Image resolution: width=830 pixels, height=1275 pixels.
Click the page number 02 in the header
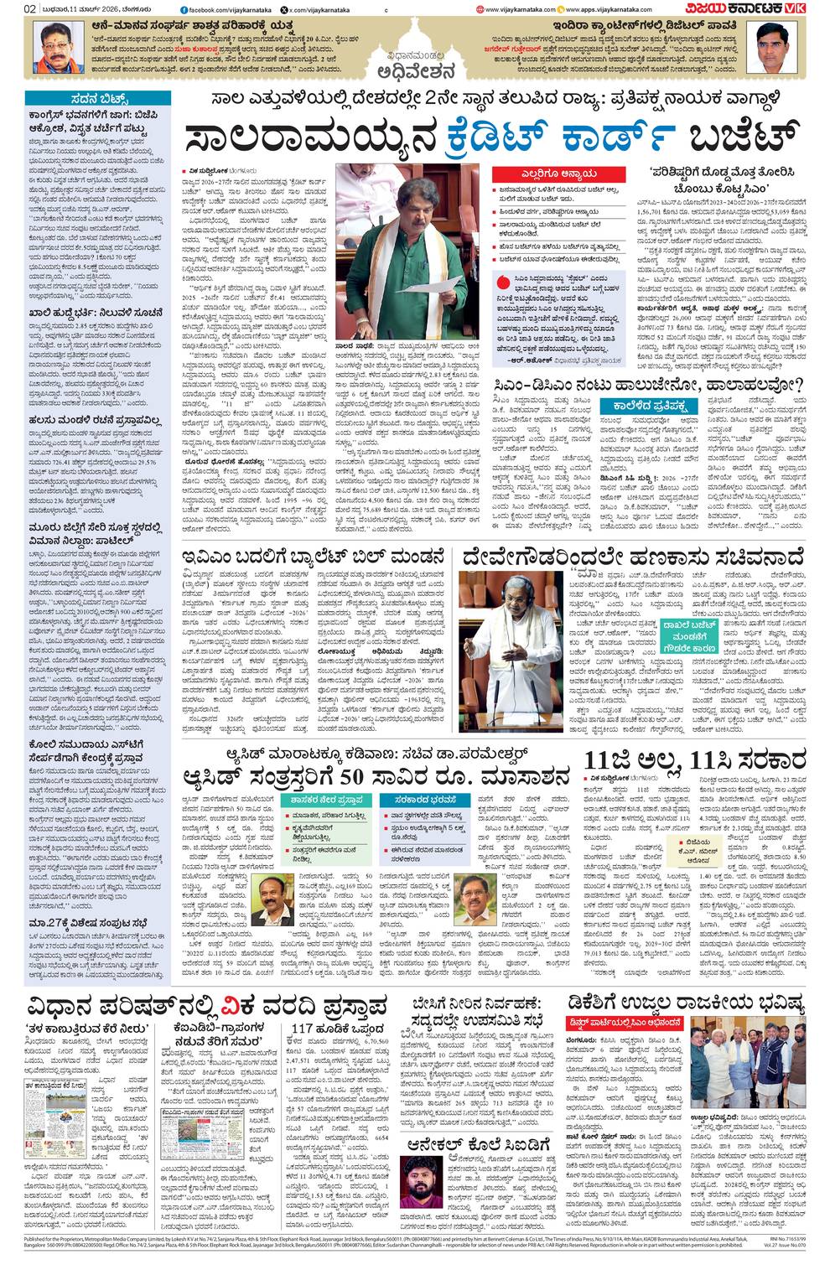(x=29, y=9)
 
